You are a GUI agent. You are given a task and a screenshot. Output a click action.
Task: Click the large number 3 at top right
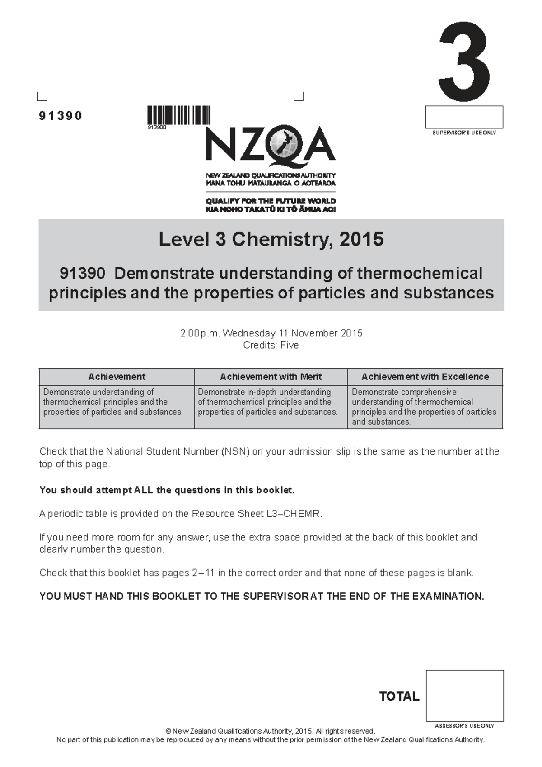tap(464, 62)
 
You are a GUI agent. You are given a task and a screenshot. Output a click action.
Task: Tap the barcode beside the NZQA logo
tap(179, 115)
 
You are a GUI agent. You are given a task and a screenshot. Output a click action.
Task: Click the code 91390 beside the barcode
tap(61, 116)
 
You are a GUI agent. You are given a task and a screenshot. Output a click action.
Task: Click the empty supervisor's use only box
tap(464, 117)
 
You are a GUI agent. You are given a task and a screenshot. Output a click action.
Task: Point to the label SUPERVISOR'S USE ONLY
tap(464, 133)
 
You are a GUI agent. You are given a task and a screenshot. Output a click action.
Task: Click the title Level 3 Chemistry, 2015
tap(271, 239)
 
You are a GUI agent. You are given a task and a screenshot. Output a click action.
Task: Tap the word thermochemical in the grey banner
tap(420, 273)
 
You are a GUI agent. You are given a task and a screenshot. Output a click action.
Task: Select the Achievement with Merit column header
tap(271, 377)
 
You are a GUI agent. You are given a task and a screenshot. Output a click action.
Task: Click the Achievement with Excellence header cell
tap(425, 377)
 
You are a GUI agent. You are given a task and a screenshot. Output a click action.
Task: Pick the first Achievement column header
tap(117, 377)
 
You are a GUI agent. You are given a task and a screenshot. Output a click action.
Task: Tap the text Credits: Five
tap(271, 345)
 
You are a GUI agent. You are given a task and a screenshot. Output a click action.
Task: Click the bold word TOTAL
tap(399, 696)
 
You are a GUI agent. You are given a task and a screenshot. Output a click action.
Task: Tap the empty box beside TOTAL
tap(464, 696)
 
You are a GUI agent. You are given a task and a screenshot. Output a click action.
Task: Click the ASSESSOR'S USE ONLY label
tap(464, 726)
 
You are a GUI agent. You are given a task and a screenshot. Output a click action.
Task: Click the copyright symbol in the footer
tap(168, 731)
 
